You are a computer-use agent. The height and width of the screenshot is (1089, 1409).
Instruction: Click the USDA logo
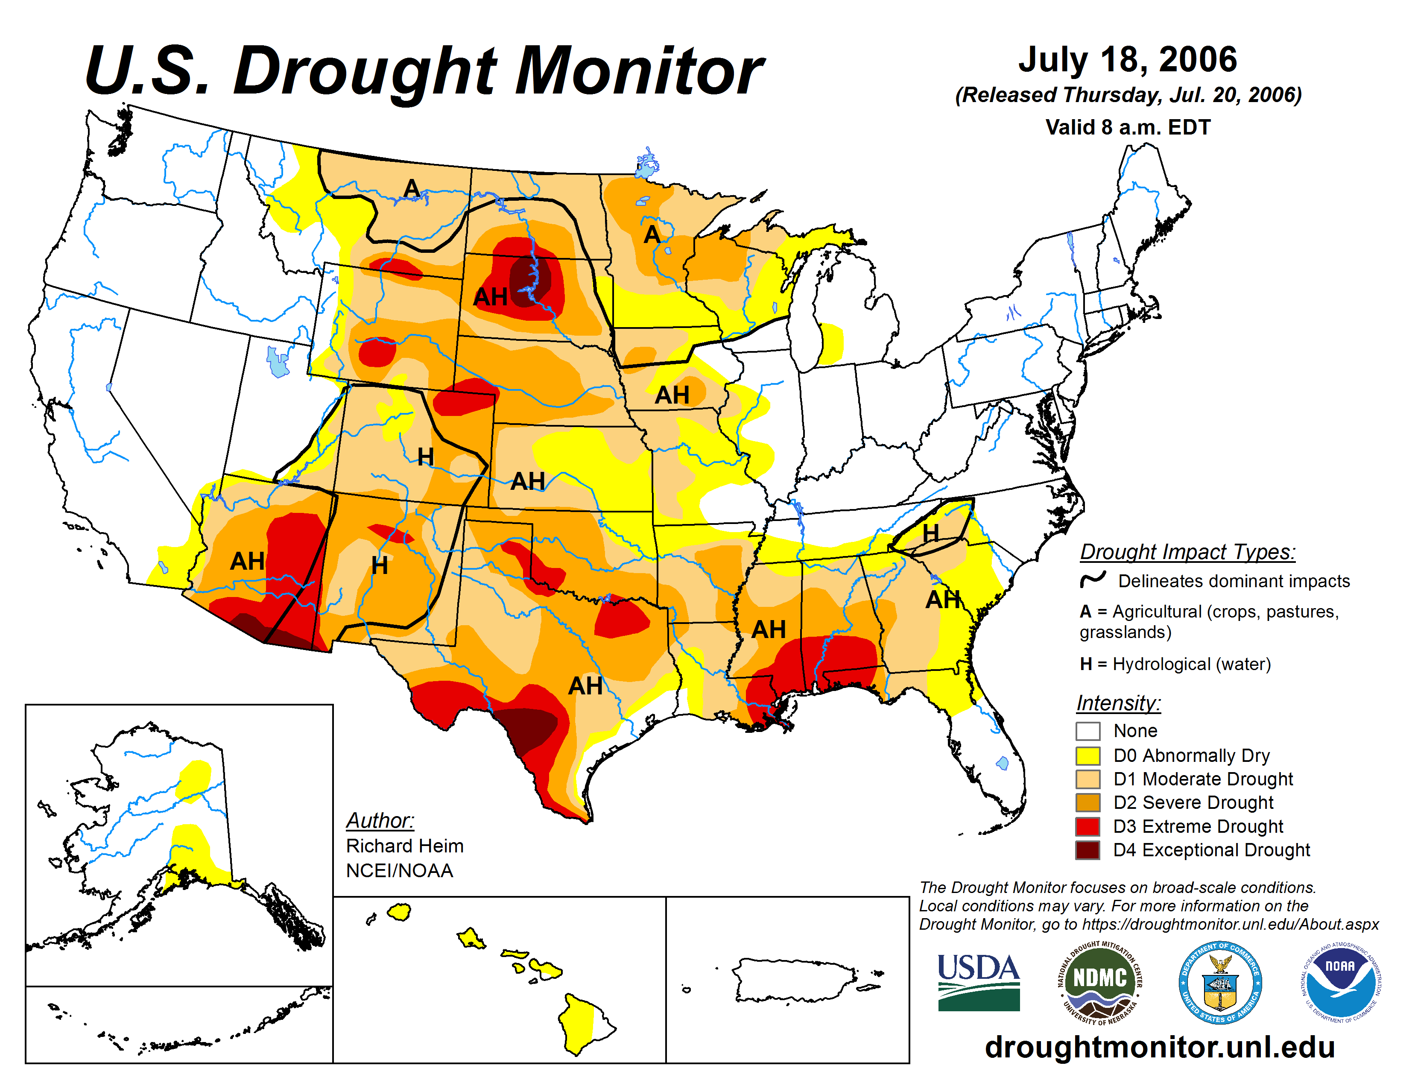click(978, 982)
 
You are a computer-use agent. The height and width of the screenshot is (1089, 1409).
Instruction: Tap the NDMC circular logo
click(1099, 982)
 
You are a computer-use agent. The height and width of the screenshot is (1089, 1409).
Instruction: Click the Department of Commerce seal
click(1220, 982)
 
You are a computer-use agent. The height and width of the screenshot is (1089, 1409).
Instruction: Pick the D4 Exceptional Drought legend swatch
click(1088, 850)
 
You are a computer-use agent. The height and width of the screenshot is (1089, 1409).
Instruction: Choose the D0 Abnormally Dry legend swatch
click(1088, 755)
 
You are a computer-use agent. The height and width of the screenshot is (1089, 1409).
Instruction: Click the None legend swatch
click(1088, 731)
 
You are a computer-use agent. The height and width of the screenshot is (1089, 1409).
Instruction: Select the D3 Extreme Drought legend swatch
click(1088, 826)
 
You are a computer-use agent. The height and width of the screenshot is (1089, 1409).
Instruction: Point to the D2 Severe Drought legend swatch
click(1088, 802)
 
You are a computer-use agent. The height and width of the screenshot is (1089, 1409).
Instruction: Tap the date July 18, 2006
click(1128, 60)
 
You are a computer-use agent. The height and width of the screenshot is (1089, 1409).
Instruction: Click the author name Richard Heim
click(404, 846)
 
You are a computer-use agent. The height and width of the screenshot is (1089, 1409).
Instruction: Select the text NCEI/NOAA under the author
click(399, 870)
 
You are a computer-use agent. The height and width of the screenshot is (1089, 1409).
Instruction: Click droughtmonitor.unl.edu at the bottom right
click(1159, 1046)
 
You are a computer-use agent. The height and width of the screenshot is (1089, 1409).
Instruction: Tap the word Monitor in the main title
click(639, 71)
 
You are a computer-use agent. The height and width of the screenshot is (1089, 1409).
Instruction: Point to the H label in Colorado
click(425, 457)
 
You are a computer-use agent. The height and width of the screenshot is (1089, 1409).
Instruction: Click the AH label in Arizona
click(247, 561)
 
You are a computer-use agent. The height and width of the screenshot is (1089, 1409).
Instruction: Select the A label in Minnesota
click(652, 234)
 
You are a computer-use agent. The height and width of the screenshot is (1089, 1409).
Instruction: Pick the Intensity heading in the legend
click(1118, 703)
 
